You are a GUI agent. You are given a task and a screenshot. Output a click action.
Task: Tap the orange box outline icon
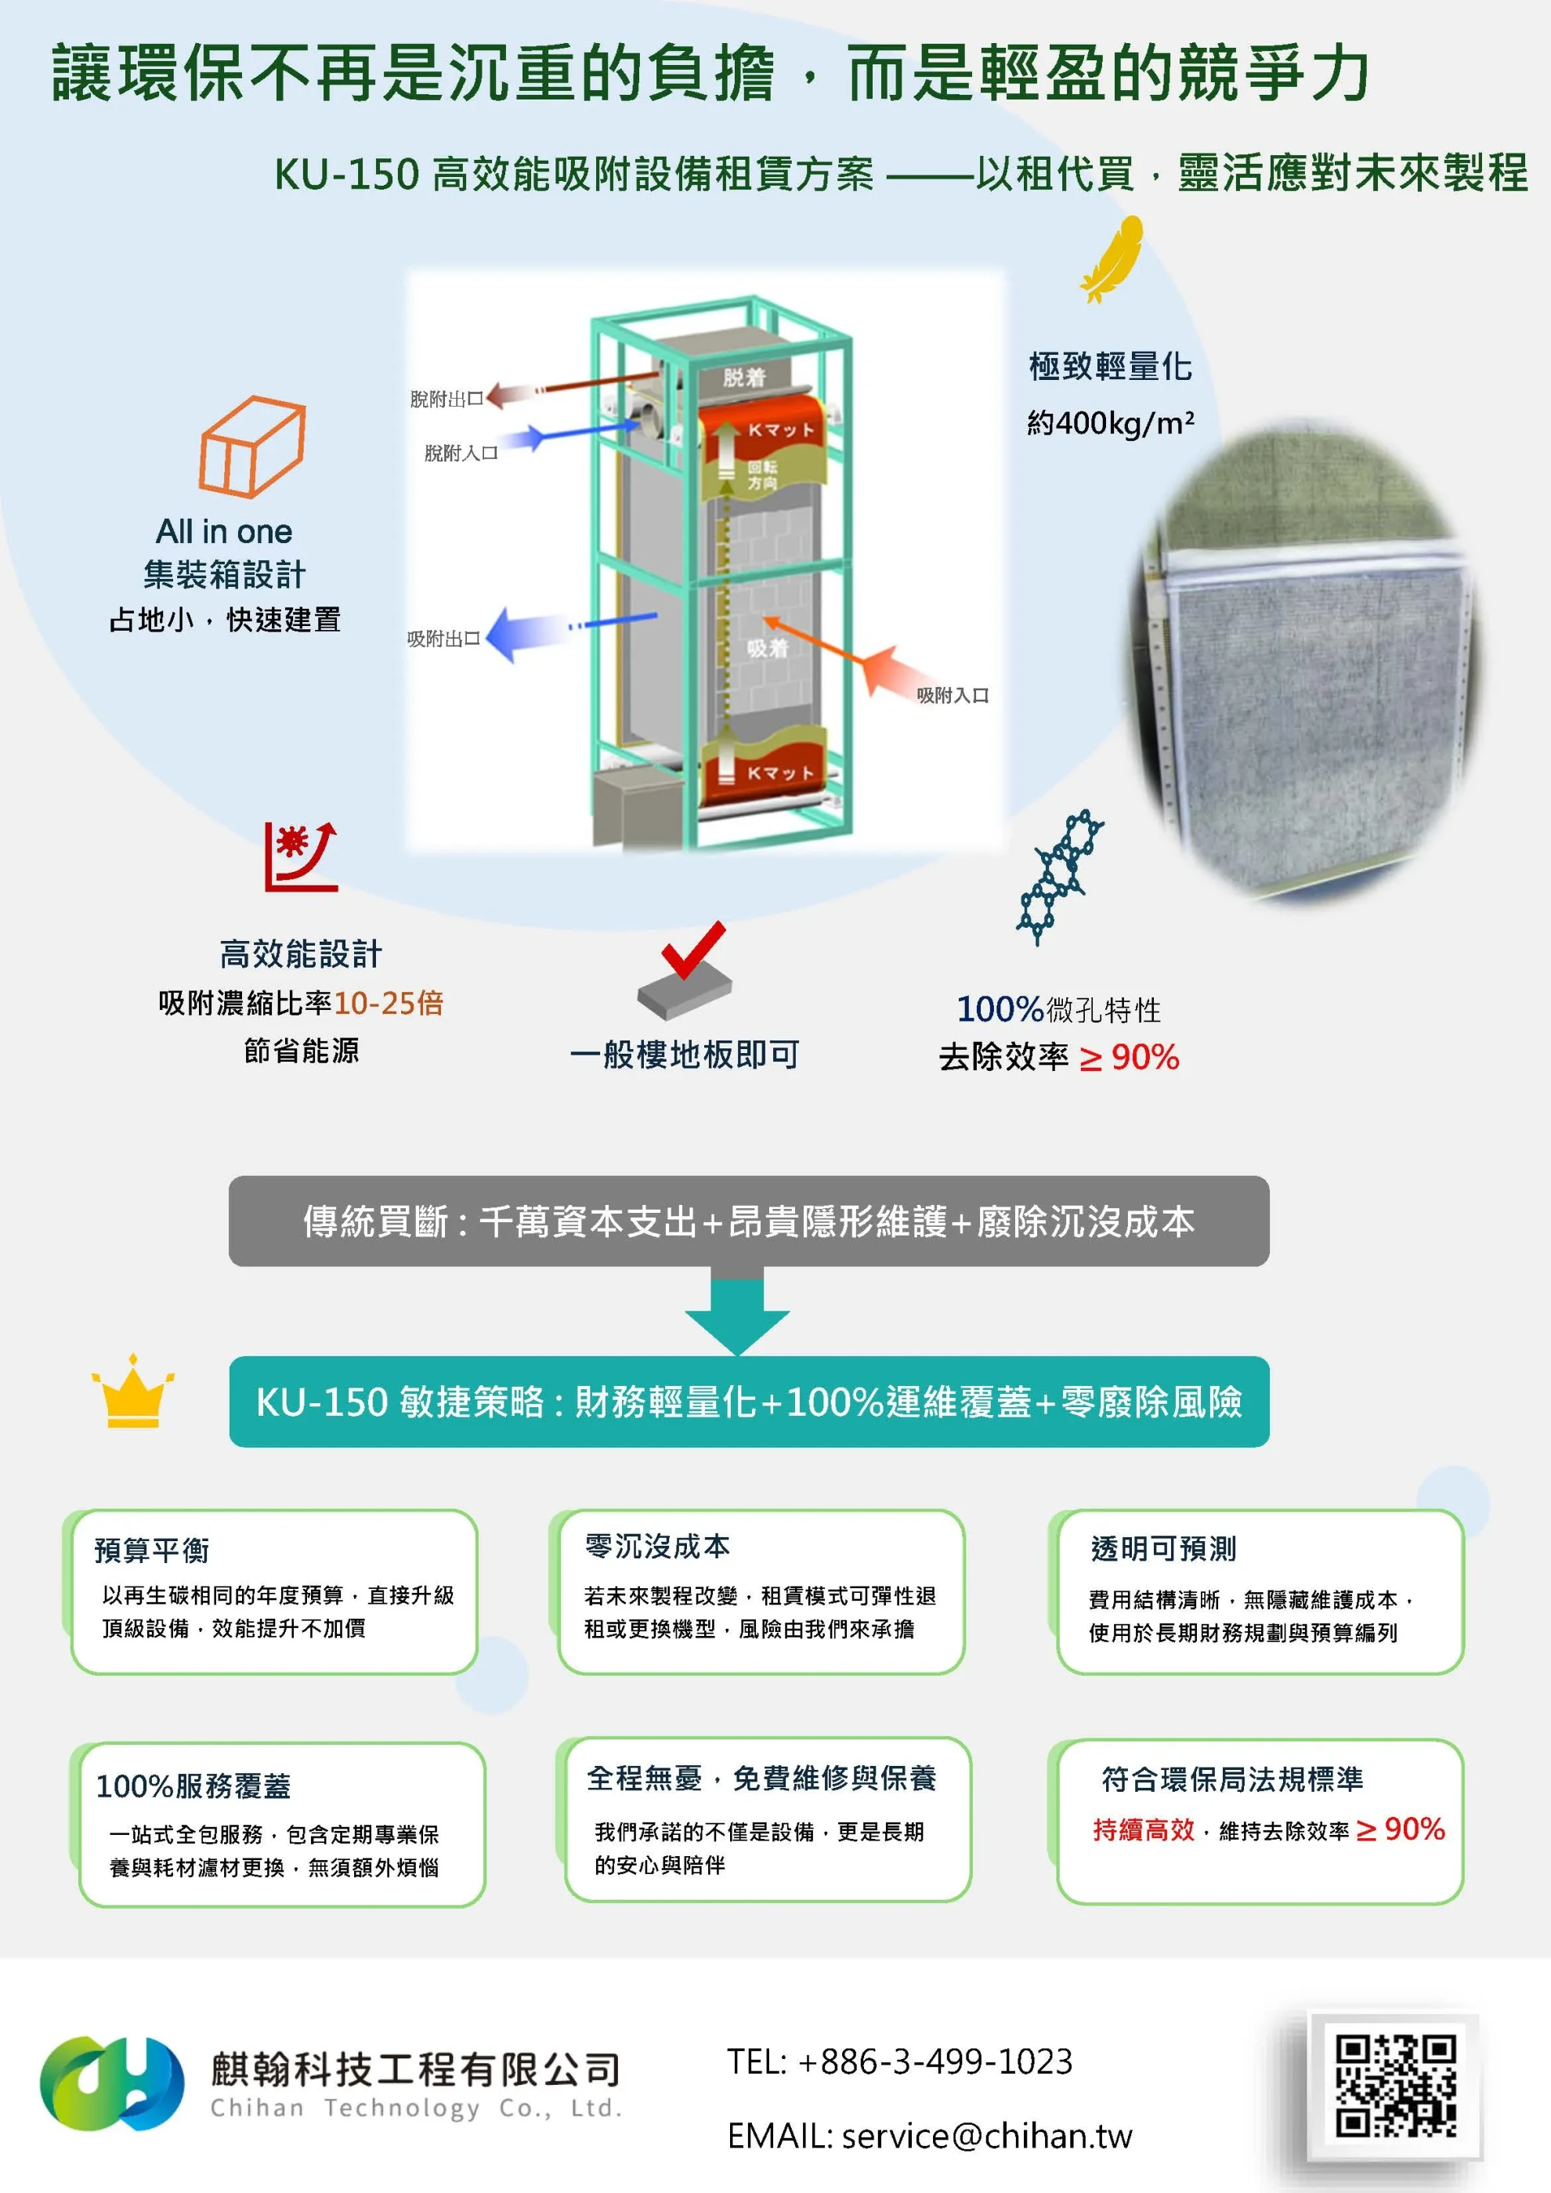[252, 446]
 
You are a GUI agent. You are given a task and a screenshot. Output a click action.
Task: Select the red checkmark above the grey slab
[692, 950]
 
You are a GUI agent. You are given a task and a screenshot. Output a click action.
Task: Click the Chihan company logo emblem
[112, 2083]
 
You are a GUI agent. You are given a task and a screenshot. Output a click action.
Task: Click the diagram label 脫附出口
[446, 400]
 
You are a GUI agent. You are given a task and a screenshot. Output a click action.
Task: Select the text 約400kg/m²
[1110, 422]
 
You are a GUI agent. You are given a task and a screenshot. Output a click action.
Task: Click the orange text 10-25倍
[389, 1003]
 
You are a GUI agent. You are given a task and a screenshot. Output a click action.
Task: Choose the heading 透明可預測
[1163, 1548]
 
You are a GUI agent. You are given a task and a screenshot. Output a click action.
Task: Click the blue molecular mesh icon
[1060, 876]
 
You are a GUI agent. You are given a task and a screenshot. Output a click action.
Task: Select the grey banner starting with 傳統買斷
[749, 1221]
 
